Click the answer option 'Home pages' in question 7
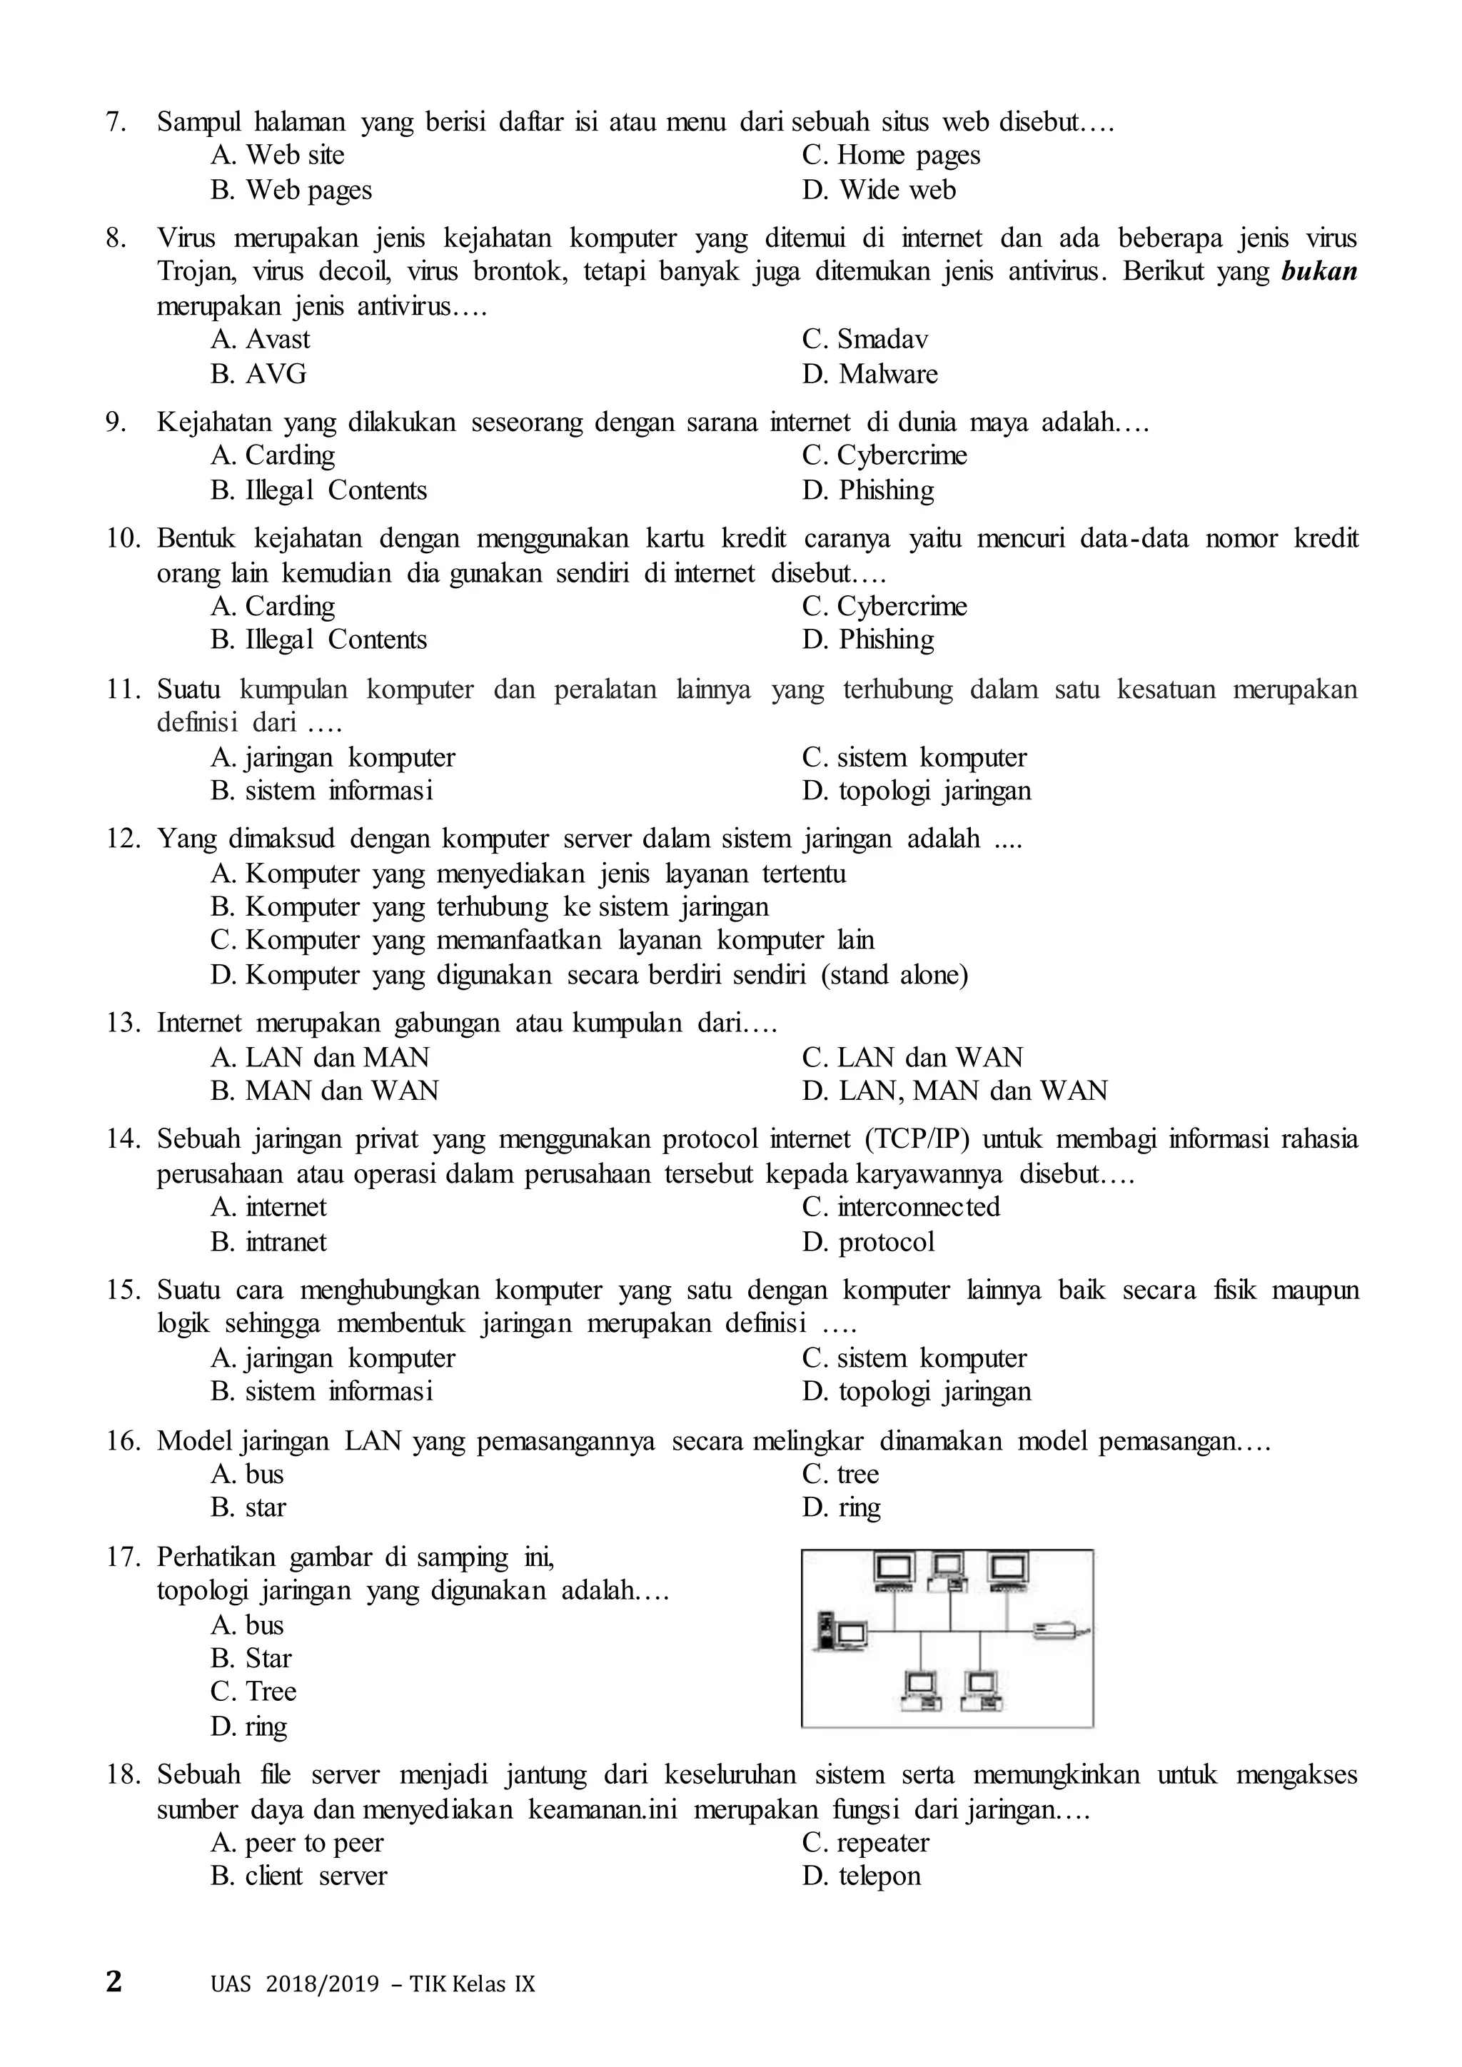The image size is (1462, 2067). tap(907, 156)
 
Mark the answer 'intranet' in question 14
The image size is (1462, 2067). tap(286, 1243)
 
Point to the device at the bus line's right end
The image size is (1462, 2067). tap(1059, 1629)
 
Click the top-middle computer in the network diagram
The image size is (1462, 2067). tap(948, 1571)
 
